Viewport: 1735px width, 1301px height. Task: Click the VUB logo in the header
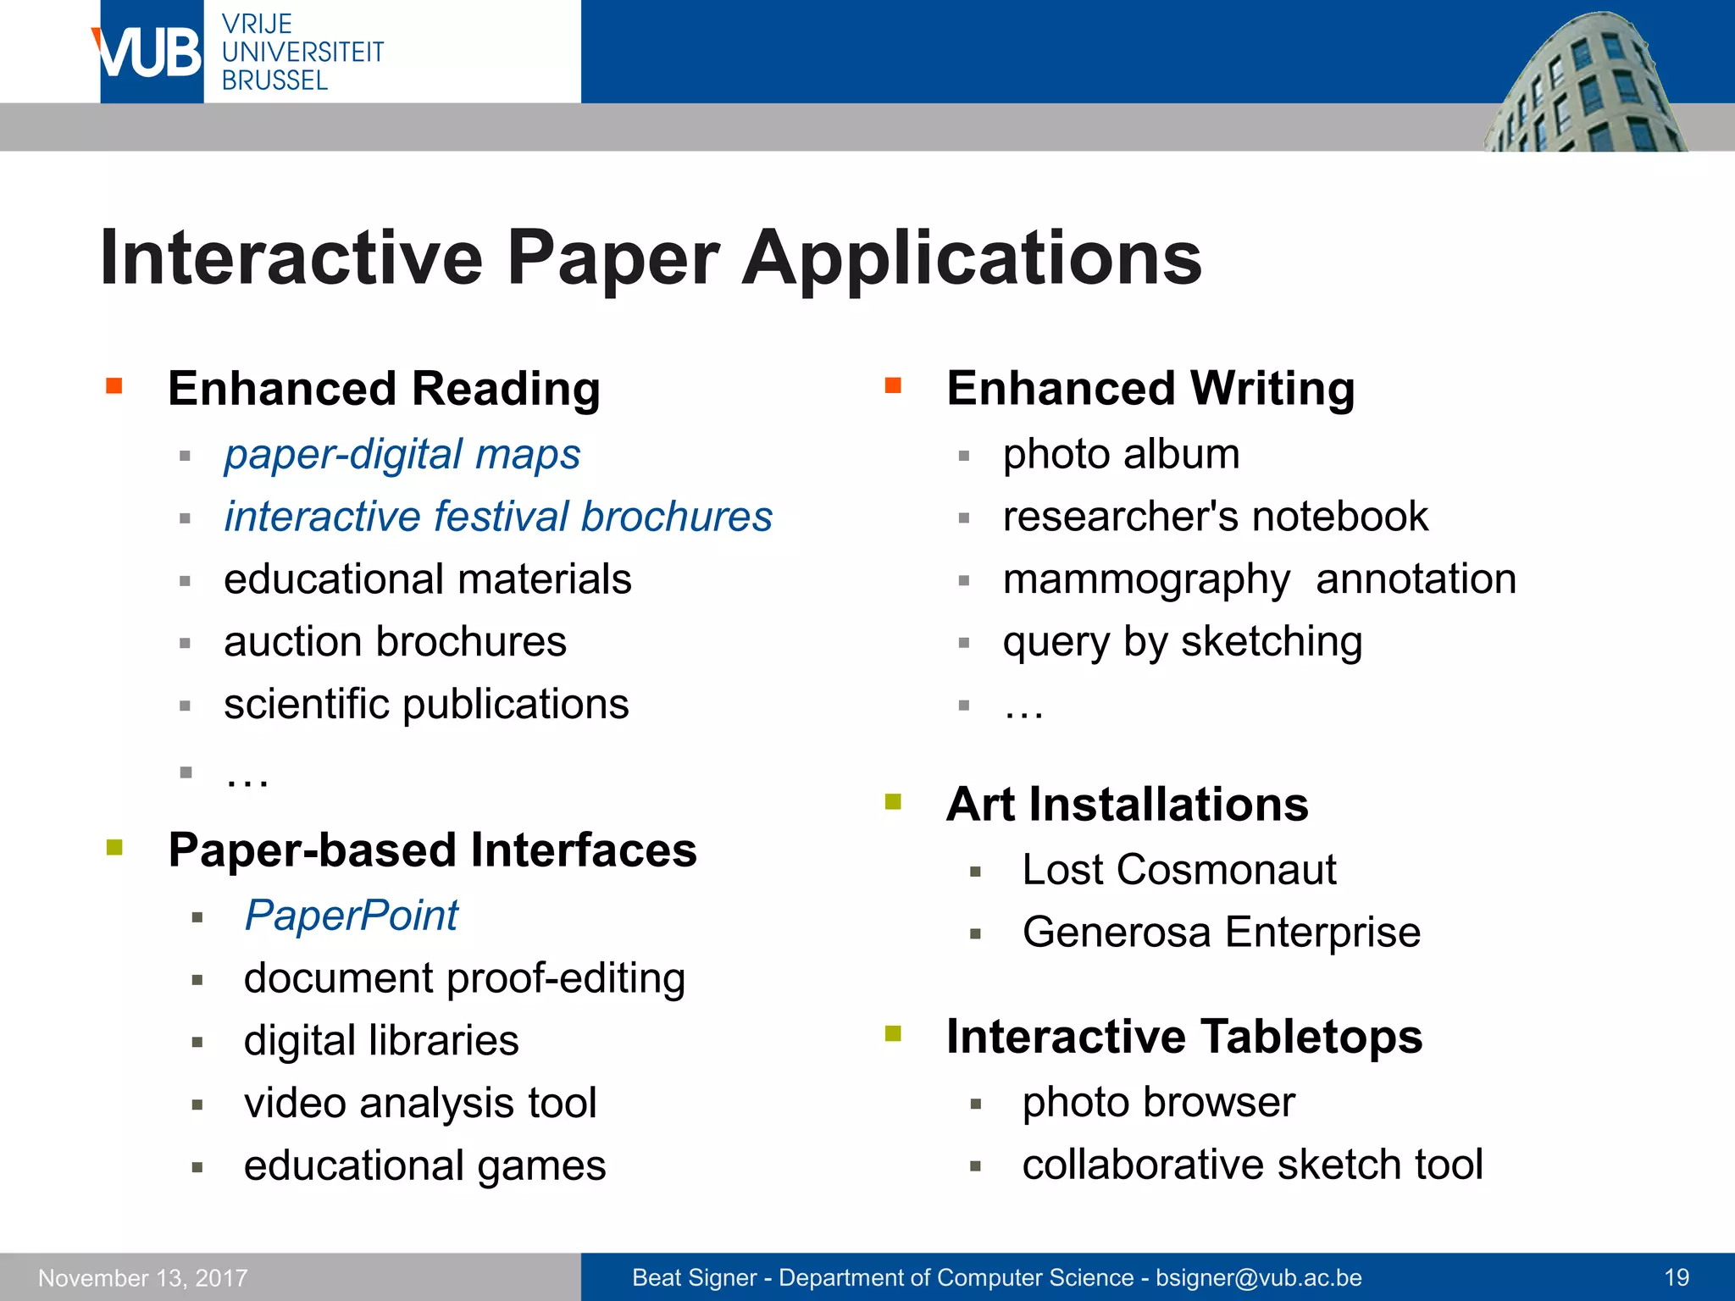tap(149, 53)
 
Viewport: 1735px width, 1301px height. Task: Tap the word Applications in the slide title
tap(972, 259)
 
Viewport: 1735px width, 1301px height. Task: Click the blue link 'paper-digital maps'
tap(402, 455)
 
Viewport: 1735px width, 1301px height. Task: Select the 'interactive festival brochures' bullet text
tap(498, 518)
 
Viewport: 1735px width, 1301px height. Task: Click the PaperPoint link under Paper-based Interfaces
tap(351, 916)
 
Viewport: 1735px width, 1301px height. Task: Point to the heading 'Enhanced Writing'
tap(1150, 389)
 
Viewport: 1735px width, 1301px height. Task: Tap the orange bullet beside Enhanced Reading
tap(114, 387)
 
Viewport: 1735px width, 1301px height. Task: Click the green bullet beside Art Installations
tap(893, 801)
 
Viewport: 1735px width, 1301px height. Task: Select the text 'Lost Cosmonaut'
tap(1178, 870)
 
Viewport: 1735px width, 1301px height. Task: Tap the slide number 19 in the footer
tap(1676, 1277)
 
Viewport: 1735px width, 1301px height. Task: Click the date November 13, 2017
tap(143, 1277)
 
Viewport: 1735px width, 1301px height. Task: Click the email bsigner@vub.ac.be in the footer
tap(1258, 1277)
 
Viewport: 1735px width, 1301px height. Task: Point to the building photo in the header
tap(1584, 85)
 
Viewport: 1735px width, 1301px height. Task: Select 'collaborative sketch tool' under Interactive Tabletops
tap(1252, 1165)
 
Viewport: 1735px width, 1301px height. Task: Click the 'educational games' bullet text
tap(424, 1166)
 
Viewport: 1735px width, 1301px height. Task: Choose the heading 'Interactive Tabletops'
tap(1183, 1037)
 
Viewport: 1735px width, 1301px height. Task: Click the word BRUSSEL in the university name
tap(274, 80)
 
